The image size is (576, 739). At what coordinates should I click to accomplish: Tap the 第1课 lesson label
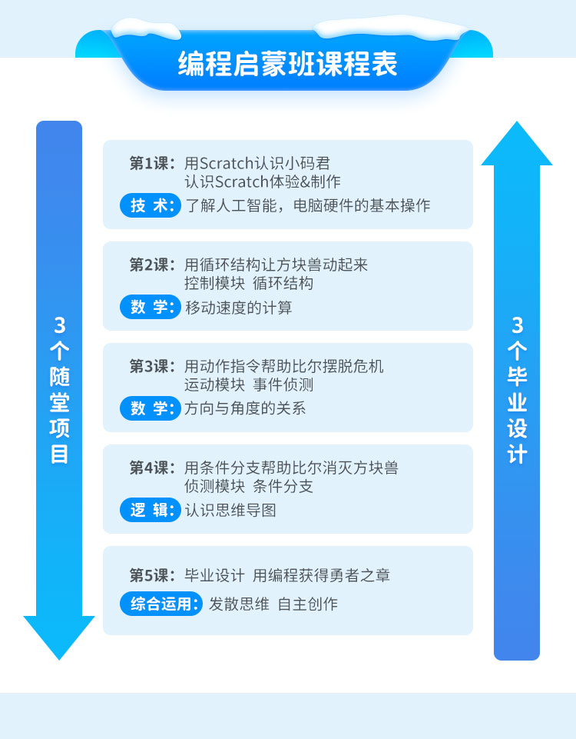pos(153,163)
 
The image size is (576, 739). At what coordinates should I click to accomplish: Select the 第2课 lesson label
pos(153,265)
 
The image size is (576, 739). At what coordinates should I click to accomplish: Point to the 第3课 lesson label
pos(153,366)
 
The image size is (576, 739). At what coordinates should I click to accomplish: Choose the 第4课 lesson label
pos(153,468)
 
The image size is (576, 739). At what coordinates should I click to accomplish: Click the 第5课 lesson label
pos(153,575)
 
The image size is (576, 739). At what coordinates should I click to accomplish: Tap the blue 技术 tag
pos(150,205)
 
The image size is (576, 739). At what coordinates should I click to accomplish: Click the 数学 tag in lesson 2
pos(150,307)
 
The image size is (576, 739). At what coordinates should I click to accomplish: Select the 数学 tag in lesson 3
pos(150,408)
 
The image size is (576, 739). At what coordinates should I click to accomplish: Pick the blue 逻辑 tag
pos(150,510)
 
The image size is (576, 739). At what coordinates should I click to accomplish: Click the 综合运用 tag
pos(161,604)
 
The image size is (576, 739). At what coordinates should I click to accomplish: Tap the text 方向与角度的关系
pos(246,408)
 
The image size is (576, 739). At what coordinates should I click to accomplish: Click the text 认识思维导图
pos(230,510)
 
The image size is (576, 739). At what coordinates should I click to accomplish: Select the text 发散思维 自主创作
pos(273,604)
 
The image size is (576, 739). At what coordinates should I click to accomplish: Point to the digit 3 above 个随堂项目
pos(59,325)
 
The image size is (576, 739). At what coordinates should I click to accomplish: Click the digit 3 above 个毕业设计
pos(517,325)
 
